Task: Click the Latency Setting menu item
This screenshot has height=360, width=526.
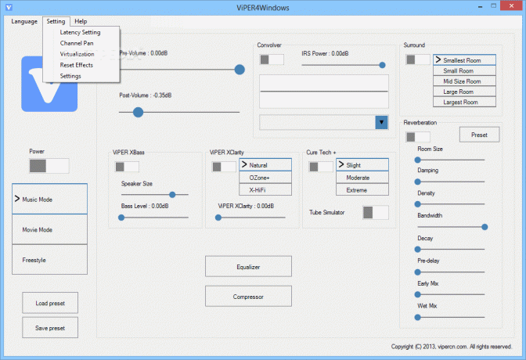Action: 80,32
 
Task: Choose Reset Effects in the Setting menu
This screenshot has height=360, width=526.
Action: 77,65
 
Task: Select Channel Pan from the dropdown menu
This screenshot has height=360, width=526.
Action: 77,43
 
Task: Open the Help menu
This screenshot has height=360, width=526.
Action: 81,21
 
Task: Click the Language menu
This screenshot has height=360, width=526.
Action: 24,21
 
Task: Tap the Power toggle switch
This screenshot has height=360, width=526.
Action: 49,166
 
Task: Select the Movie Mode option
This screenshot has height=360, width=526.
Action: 49,229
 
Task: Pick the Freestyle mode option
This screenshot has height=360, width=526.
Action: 49,260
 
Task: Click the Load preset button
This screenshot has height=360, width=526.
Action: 50,303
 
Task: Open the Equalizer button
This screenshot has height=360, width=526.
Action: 248,267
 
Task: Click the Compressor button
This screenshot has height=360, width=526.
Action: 248,297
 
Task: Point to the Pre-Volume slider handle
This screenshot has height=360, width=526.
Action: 240,70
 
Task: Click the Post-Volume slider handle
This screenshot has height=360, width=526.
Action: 138,112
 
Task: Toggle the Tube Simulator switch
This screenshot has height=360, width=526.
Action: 376,212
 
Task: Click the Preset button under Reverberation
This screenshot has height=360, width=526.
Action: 479,135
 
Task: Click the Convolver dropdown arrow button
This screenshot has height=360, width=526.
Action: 381,122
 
